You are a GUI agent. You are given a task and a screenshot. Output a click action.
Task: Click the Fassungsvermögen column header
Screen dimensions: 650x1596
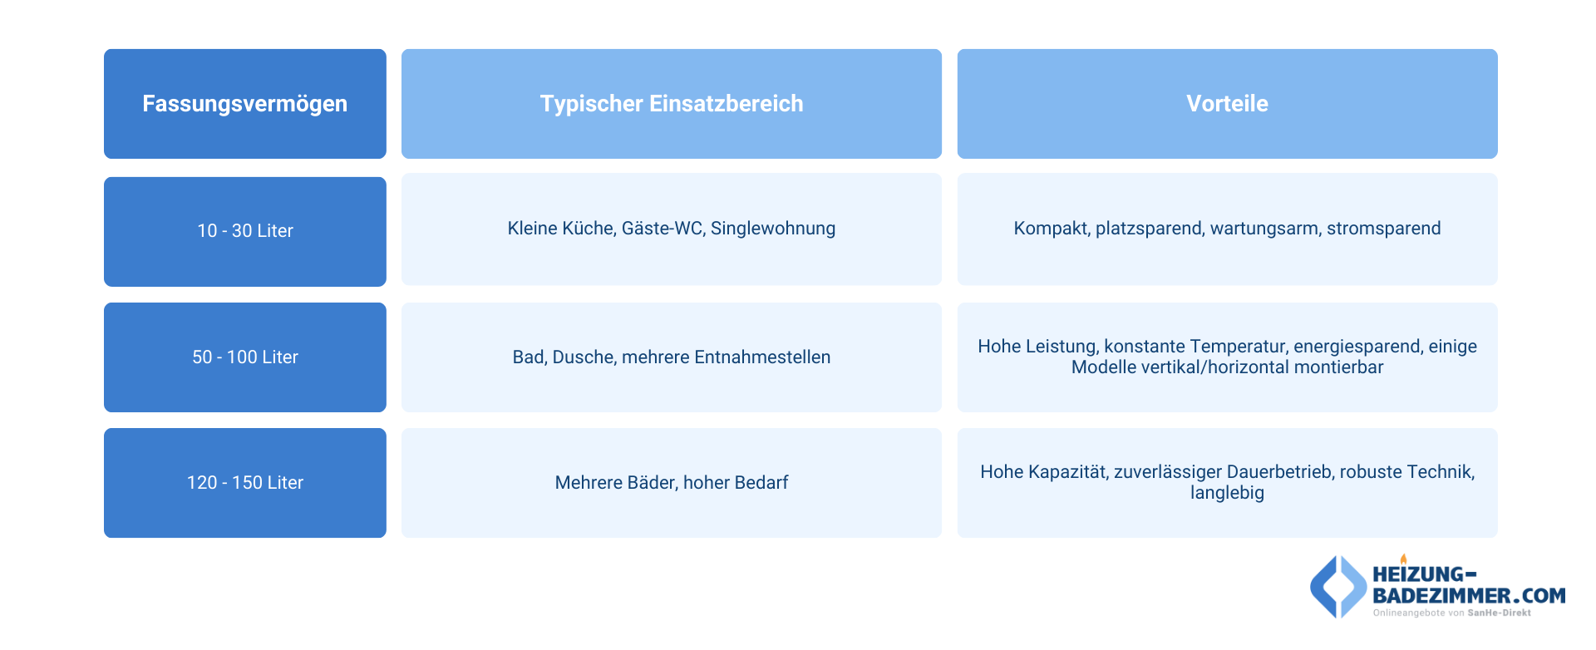pos(244,104)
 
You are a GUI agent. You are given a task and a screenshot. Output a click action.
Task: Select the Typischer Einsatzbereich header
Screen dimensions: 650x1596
pos(671,104)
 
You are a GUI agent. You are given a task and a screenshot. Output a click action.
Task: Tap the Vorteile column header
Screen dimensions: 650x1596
pos(1227,104)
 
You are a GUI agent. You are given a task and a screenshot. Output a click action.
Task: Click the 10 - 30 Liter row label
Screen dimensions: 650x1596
pos(244,231)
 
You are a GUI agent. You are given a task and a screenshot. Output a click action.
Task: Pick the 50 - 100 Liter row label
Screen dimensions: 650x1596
pos(244,357)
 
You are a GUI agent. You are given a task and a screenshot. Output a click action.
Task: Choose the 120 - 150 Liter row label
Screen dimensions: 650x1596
pos(244,483)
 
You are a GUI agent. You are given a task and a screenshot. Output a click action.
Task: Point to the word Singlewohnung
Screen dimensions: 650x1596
pos(773,229)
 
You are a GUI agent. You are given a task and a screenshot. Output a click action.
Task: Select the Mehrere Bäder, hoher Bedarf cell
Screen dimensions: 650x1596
pos(671,483)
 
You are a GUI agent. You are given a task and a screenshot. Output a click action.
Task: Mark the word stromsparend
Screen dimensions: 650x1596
pos(1383,229)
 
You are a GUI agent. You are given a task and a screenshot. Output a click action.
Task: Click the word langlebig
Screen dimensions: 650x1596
pos(1227,493)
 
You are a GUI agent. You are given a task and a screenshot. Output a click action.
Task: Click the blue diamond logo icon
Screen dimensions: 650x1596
pos(1337,587)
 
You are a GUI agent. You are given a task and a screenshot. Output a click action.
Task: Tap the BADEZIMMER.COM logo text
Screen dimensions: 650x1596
pos(1469,596)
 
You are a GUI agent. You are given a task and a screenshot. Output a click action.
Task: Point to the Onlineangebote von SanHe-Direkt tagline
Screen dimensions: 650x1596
pos(1451,613)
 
